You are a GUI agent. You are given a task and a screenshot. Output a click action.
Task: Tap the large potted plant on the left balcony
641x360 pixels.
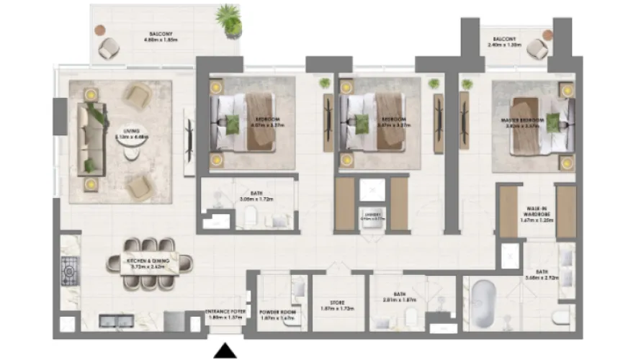[x=228, y=20]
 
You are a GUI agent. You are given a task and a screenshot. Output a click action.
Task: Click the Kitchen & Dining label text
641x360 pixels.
[x=147, y=263]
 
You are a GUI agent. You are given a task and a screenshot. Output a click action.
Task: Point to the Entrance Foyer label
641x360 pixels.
[x=226, y=313]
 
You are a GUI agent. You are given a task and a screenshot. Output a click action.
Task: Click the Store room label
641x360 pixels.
[x=333, y=305]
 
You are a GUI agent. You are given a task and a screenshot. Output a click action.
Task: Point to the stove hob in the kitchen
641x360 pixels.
[x=71, y=269]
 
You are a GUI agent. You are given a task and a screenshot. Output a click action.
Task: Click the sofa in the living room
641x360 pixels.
[x=91, y=135]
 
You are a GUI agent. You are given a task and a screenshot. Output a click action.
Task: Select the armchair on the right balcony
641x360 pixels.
[x=537, y=49]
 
